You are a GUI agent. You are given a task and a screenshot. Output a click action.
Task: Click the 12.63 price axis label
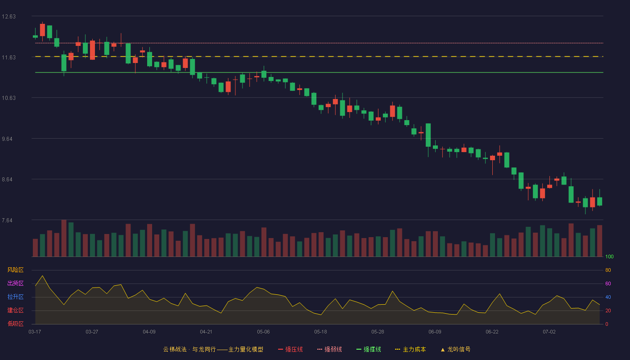[9, 17]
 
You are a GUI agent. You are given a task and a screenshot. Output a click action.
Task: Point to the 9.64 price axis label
[7, 139]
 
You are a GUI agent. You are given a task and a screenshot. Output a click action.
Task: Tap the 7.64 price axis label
[7, 220]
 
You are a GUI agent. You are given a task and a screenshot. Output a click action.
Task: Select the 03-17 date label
[35, 332]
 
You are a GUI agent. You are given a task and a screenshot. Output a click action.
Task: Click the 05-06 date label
[263, 332]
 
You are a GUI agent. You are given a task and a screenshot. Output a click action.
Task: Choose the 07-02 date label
[549, 332]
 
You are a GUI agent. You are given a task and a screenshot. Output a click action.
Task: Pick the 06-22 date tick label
[492, 332]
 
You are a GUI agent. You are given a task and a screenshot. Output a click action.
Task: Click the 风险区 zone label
[15, 270]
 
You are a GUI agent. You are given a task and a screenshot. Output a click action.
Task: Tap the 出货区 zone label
[15, 283]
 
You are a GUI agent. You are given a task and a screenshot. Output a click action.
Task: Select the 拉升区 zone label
[15, 297]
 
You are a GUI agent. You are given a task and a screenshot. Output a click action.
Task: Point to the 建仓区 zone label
[15, 310]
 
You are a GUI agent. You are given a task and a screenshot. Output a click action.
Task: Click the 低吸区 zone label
[15, 324]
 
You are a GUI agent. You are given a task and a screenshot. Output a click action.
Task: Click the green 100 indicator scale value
[609, 256]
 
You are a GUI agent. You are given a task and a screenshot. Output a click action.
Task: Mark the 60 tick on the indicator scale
[608, 283]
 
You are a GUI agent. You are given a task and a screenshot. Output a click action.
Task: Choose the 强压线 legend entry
[290, 349]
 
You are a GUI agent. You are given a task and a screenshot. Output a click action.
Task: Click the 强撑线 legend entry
[369, 349]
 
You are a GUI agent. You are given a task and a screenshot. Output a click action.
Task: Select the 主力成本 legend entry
[410, 349]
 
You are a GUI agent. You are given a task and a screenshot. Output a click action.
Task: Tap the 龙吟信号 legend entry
[455, 349]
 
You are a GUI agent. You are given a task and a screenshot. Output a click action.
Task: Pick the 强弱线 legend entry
[329, 349]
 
